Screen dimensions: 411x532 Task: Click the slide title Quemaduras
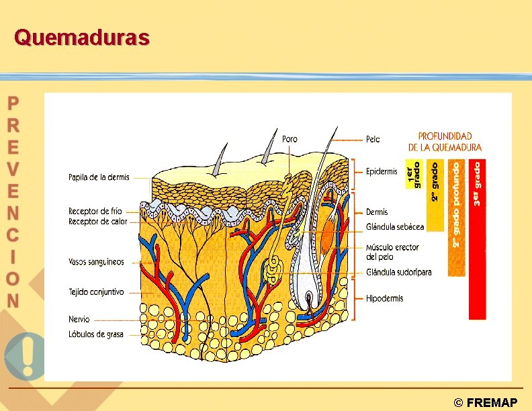pyautogui.click(x=81, y=38)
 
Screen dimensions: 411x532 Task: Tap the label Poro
pyautogui.click(x=290, y=139)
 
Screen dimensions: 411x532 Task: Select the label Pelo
pyautogui.click(x=373, y=140)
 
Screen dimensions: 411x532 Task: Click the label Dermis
pyautogui.click(x=377, y=212)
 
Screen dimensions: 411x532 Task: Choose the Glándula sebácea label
pyautogui.click(x=395, y=226)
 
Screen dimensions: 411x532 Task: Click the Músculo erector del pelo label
pyautogui.click(x=392, y=252)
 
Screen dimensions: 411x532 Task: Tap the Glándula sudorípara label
pyautogui.click(x=398, y=272)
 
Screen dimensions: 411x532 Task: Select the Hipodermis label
pyautogui.click(x=384, y=298)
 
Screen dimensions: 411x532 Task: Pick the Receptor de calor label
pyautogui.click(x=97, y=222)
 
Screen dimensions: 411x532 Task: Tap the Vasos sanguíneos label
pyautogui.click(x=96, y=262)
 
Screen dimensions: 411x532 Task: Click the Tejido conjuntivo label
pyautogui.click(x=96, y=292)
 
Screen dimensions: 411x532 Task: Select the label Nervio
pyautogui.click(x=79, y=320)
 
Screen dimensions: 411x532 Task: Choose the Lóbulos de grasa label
pyautogui.click(x=96, y=334)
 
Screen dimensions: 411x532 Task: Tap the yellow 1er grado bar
pyautogui.click(x=413, y=174)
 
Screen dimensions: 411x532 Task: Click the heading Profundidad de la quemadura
pyautogui.click(x=445, y=141)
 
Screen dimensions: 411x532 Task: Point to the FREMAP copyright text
pyautogui.click(x=486, y=403)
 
